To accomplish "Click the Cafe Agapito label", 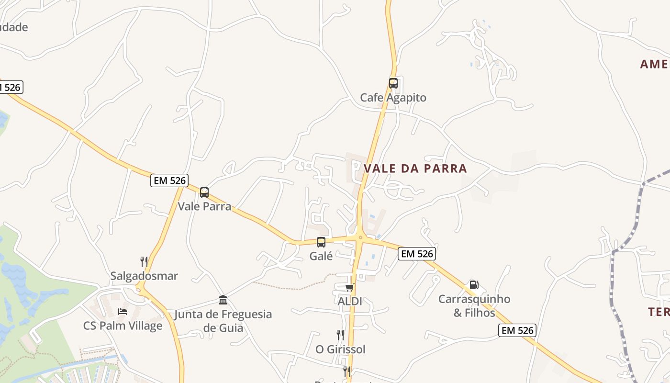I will [x=393, y=98].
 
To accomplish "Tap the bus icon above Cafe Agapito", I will [x=393, y=83].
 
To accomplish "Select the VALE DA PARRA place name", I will [x=415, y=169].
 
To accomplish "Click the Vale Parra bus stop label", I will [x=204, y=206].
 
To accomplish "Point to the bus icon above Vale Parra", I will [x=204, y=192].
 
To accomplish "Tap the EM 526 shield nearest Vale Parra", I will [x=169, y=180].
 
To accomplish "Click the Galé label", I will [x=321, y=256].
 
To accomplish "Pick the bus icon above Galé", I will [x=321, y=242].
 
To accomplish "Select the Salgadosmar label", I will [x=144, y=276].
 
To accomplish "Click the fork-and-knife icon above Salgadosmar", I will [x=144, y=261].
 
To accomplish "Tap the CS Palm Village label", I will [x=123, y=326].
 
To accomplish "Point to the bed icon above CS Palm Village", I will [x=123, y=312].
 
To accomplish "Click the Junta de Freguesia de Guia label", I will [x=223, y=321].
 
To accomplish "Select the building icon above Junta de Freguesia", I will [x=223, y=300].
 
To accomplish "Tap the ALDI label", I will [x=350, y=302].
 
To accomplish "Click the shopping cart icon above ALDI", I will [x=350, y=287].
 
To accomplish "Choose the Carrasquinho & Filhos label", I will [x=474, y=306].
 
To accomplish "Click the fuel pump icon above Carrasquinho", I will [x=474, y=285].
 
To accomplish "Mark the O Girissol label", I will [x=340, y=349].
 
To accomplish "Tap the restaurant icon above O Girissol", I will [x=340, y=335].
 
